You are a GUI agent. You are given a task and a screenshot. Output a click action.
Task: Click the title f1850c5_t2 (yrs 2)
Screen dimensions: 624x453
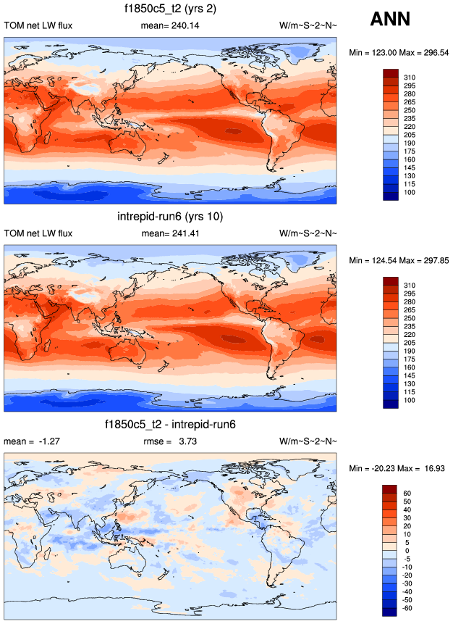(x=171, y=9)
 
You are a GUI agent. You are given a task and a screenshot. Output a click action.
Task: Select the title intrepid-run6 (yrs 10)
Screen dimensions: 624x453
(x=171, y=217)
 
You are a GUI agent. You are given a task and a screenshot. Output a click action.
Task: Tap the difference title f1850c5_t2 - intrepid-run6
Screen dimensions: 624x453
(x=171, y=425)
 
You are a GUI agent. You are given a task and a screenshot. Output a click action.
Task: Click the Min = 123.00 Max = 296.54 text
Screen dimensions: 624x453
(x=399, y=53)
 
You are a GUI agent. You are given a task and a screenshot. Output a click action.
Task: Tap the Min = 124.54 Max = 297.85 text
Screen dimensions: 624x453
(x=399, y=261)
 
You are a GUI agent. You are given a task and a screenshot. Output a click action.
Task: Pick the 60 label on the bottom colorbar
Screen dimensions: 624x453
(x=408, y=493)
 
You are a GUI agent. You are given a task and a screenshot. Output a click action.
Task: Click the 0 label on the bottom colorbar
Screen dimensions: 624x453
(x=407, y=551)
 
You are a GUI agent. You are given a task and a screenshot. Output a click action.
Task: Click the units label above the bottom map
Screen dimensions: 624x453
(x=308, y=442)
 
